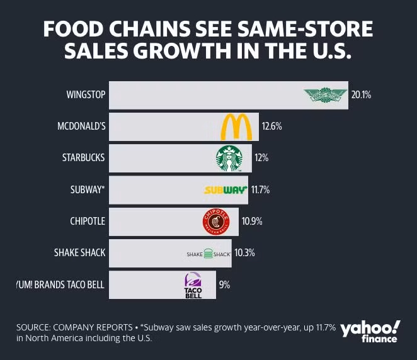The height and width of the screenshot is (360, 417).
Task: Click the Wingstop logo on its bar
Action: (x=326, y=96)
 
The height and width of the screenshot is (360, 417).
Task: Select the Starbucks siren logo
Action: (x=229, y=158)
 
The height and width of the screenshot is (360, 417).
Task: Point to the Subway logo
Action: (x=226, y=189)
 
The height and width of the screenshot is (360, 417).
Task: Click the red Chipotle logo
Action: (x=215, y=222)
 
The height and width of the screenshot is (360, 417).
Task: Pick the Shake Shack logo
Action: (x=209, y=254)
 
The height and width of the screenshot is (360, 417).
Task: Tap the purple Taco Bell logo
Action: (x=193, y=286)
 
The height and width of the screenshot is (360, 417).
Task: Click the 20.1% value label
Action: (x=361, y=96)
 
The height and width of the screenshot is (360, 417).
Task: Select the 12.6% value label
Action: (x=271, y=127)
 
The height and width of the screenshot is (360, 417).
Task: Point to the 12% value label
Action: (x=261, y=158)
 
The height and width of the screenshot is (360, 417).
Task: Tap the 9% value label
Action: (x=224, y=285)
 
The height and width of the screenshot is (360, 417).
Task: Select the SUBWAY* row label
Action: (x=86, y=189)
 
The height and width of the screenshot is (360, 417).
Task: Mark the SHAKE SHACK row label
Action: (x=80, y=254)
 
